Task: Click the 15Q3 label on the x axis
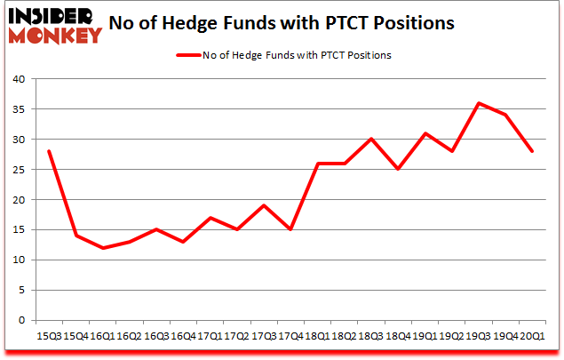(49, 338)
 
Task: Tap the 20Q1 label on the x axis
(532, 338)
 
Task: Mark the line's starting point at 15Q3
(49, 151)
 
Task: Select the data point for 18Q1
(317, 164)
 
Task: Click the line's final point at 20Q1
(532, 151)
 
